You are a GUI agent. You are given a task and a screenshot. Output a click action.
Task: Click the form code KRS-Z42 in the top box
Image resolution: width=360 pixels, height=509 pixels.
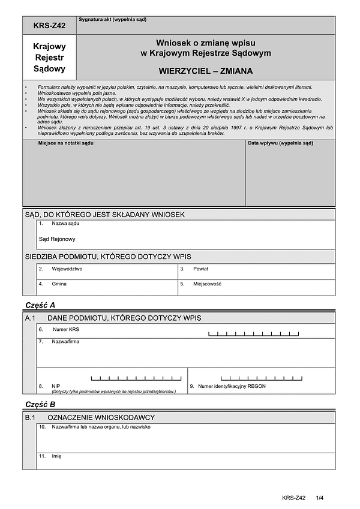coord(50,26)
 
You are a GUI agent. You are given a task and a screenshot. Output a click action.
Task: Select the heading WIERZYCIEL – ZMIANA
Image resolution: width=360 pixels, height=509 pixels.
coord(206,70)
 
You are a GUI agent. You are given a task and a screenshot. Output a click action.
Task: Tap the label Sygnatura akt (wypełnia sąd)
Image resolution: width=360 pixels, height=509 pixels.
coord(112,20)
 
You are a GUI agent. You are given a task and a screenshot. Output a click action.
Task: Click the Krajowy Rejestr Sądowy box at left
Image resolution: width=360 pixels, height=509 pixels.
coord(50,58)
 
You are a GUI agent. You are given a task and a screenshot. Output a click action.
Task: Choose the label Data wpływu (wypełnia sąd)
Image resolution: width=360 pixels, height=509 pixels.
coord(280,143)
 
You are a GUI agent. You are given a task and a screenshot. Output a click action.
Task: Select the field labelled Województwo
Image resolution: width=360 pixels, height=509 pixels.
coord(67,269)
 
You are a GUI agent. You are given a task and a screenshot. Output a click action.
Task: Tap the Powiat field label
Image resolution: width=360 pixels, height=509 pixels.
coord(200,269)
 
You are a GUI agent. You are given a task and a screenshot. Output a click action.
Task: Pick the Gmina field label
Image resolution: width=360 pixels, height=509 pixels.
coord(59,284)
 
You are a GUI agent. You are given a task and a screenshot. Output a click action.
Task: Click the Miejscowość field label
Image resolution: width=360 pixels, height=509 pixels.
coord(208,284)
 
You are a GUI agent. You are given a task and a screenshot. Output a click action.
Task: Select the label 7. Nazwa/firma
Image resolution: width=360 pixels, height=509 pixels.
coord(65,342)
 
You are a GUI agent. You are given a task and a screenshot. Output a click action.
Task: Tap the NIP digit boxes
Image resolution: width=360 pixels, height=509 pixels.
coord(136,378)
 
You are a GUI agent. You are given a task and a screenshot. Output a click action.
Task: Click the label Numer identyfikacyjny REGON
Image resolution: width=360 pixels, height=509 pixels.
coord(232,387)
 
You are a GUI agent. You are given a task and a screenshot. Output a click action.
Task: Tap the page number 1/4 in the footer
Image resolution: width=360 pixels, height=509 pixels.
coord(319,498)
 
